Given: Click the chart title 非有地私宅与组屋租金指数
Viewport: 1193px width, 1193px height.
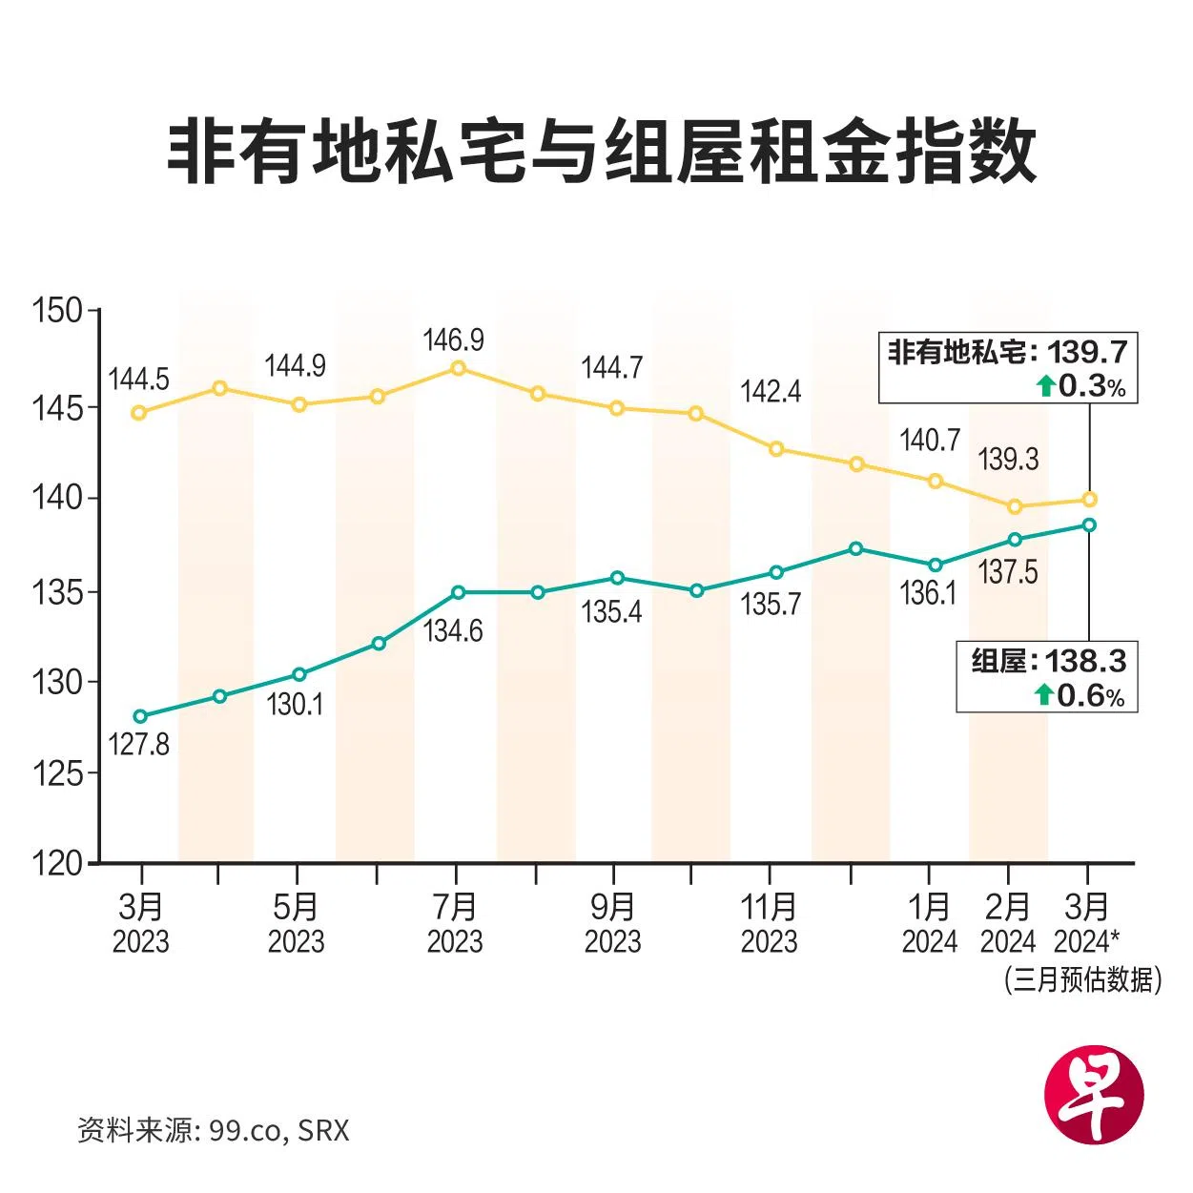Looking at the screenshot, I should pyautogui.click(x=601, y=153).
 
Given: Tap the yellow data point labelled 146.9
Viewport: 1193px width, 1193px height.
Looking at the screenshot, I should pyautogui.click(x=458, y=367).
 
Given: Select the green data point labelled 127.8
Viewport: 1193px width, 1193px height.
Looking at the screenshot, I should pyautogui.click(x=140, y=716).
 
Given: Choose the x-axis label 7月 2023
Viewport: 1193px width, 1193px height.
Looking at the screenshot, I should pyautogui.click(x=455, y=923).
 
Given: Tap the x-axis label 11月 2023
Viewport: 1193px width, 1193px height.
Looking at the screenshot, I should pyautogui.click(x=769, y=923).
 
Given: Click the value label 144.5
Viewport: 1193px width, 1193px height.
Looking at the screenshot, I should pyautogui.click(x=138, y=379).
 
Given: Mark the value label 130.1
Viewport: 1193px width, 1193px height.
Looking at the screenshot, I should pyautogui.click(x=295, y=705).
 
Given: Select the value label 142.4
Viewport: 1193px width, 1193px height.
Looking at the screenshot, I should pyautogui.click(x=771, y=391).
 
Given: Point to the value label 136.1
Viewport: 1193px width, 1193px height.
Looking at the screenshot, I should pyautogui.click(x=928, y=593).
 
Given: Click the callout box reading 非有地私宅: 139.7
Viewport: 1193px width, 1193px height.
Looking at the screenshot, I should pyautogui.click(x=1008, y=368).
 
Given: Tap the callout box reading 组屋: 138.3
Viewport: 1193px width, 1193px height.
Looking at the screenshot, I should pyautogui.click(x=1047, y=677).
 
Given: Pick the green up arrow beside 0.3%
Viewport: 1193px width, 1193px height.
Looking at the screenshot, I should pyautogui.click(x=1046, y=386).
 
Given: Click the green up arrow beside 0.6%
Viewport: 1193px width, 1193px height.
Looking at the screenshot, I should pyautogui.click(x=1044, y=695).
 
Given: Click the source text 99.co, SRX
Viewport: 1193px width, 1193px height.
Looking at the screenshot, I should pyautogui.click(x=278, y=1131).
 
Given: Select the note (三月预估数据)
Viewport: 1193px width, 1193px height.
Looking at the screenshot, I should pyautogui.click(x=1082, y=979).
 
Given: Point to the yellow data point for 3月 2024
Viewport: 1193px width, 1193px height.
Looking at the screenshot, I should pyautogui.click(x=1089, y=499).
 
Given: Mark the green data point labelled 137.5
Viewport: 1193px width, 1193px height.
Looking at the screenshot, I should pyautogui.click(x=1015, y=540).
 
